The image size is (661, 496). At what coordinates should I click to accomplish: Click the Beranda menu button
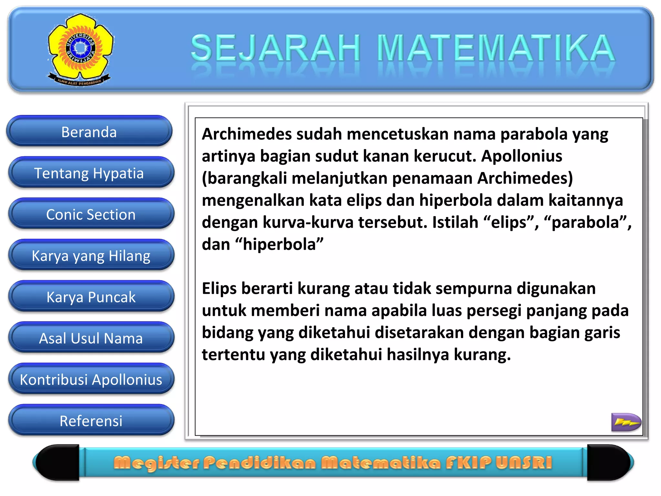tap(89, 132)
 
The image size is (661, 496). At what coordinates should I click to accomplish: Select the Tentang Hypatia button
tap(89, 173)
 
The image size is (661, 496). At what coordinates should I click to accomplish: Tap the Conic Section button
tap(91, 214)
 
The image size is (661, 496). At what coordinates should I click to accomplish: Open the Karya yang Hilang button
tap(91, 256)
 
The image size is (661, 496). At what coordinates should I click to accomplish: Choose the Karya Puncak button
tap(91, 297)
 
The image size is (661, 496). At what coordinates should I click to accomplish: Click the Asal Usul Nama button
tap(91, 338)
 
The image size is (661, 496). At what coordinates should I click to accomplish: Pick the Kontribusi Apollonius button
tap(91, 379)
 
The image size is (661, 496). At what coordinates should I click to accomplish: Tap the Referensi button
tap(91, 421)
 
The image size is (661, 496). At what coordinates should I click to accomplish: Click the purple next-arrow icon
tap(625, 422)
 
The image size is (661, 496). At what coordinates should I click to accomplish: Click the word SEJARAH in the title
tap(275, 48)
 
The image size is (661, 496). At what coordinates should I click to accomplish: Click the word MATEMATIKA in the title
tap(495, 48)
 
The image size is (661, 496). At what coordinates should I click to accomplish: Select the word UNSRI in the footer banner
tap(524, 462)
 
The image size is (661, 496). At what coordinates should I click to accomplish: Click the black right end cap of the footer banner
tap(608, 462)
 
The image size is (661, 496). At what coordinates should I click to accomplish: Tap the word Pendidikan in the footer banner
tap(259, 463)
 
